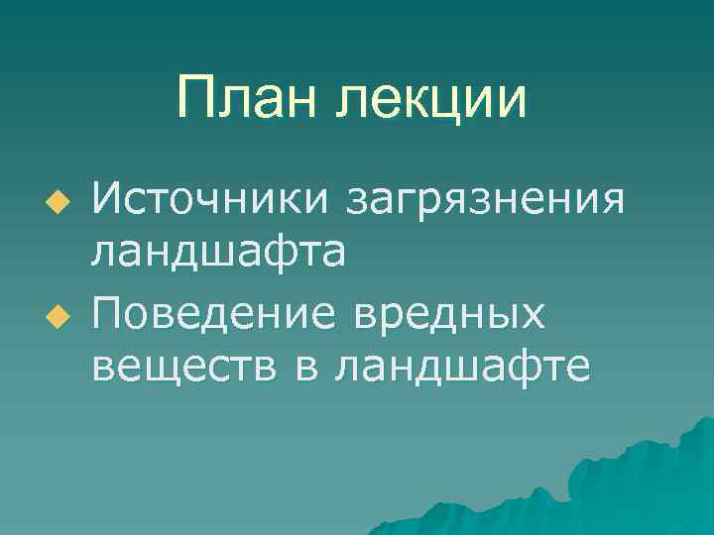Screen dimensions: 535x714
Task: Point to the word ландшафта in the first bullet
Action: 218,252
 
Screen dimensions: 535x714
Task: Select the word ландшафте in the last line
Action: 462,368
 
